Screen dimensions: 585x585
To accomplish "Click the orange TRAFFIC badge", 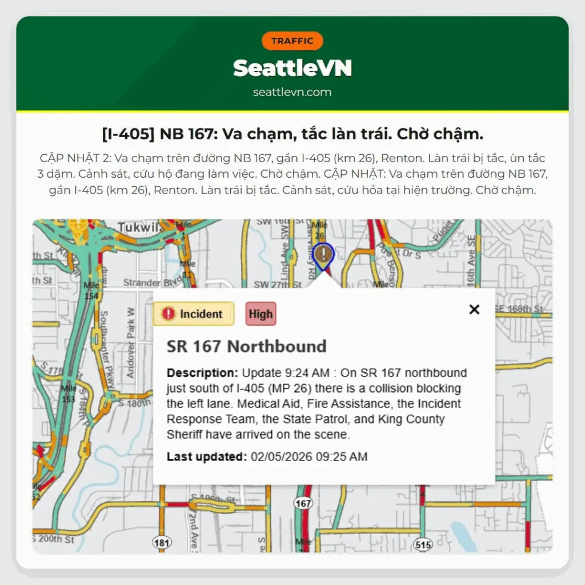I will tap(292, 41).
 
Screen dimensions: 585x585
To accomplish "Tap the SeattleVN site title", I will tap(292, 69).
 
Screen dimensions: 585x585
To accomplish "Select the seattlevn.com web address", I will tap(292, 92).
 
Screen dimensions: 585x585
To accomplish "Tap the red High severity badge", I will tap(261, 314).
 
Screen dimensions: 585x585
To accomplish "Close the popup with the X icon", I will tap(474, 310).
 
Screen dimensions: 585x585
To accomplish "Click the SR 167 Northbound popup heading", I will tap(246, 346).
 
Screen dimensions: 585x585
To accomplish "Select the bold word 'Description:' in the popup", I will tap(202, 373).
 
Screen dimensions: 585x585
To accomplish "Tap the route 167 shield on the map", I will tap(303, 503).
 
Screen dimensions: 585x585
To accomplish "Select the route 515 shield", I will tap(423, 545).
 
